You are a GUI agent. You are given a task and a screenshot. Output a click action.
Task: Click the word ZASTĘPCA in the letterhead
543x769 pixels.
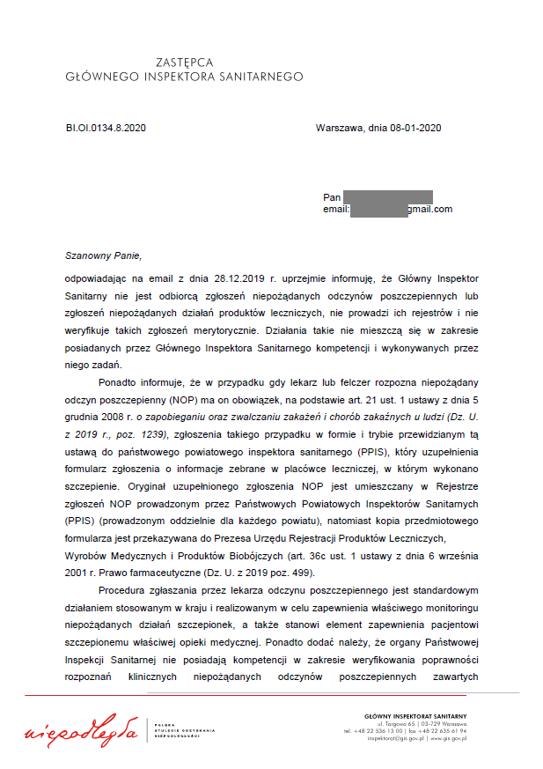184,63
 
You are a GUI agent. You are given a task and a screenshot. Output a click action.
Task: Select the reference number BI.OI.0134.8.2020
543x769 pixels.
106,128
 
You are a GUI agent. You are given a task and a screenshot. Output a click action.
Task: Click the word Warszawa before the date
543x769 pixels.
339,128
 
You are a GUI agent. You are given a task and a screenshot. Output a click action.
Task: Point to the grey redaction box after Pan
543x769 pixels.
387,196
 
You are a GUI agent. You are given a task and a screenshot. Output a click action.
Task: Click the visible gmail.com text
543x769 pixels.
429,210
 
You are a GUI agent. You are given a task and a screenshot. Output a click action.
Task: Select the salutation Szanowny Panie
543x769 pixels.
102,255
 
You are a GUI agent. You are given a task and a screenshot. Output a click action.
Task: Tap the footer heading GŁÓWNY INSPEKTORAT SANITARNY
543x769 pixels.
415,715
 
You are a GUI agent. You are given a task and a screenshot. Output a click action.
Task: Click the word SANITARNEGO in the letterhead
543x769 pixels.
260,77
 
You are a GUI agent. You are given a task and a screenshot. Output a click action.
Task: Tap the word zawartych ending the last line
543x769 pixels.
456,676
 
